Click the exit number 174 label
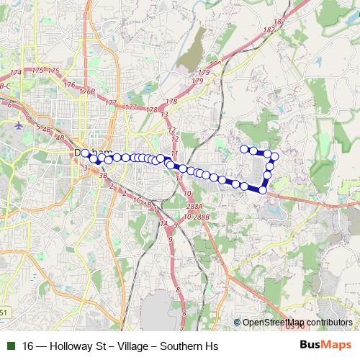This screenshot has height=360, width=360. (16, 73)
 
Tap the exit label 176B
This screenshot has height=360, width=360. (87, 92)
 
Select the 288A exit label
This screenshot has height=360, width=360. (193, 206)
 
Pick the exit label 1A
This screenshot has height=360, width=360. (163, 224)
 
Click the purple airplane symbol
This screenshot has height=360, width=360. (17, 125)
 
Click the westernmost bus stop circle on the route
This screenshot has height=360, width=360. (86, 152)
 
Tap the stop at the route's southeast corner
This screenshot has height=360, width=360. (264, 189)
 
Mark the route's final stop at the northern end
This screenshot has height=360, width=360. (244, 149)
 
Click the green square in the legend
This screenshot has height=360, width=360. (10, 346)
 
